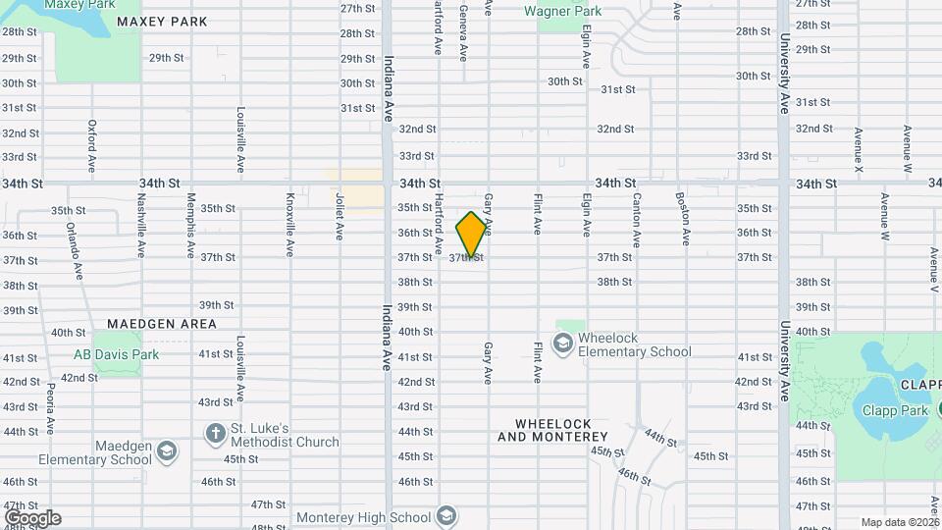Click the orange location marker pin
pos(471,234)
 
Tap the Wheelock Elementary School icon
pos(563,344)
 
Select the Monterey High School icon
pos(445,516)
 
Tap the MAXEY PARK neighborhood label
pos(162,21)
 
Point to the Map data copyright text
pos(901,522)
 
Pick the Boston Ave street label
pos(683,218)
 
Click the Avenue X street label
pos(859,151)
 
